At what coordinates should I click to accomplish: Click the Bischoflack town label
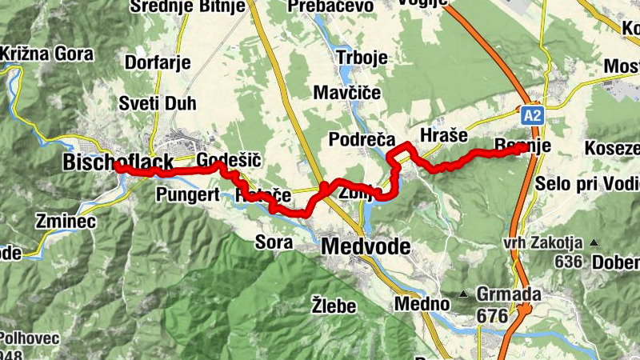[x=118, y=163]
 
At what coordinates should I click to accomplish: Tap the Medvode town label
[x=366, y=247]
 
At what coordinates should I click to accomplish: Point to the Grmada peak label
[x=508, y=294]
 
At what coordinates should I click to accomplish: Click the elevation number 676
[x=492, y=316]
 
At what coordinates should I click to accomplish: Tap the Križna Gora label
[x=46, y=54]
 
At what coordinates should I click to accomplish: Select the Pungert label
[x=182, y=194]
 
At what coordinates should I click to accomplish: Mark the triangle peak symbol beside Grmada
[x=463, y=294]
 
